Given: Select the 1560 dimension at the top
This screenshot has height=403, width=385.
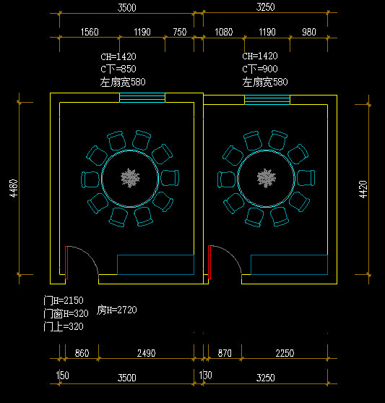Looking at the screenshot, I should click(90, 32).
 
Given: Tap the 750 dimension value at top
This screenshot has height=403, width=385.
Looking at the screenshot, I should click(179, 32).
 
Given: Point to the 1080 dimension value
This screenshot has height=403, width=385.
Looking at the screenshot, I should click(225, 32).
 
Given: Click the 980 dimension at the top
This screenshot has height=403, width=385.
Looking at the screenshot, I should click(308, 32).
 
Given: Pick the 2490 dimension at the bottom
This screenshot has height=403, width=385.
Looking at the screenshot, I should click(146, 353).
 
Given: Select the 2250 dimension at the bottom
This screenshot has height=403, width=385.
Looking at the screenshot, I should click(285, 353).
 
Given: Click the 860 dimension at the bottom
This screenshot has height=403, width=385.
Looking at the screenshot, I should click(82, 353).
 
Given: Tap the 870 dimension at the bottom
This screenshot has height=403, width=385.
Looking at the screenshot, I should click(225, 353).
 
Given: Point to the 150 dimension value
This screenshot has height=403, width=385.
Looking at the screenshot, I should click(63, 377).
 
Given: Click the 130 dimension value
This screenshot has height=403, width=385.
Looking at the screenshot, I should click(206, 377).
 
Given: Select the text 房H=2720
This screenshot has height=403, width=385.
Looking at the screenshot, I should click(117, 310).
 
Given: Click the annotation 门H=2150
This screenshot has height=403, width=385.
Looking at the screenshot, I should click(64, 300).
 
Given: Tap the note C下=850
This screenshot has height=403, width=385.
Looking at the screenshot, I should click(123, 69).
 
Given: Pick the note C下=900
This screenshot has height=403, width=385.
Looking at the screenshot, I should click(265, 69).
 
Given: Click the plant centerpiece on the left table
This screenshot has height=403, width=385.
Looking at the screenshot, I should click(131, 177).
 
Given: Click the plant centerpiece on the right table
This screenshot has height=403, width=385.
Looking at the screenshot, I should click(267, 177).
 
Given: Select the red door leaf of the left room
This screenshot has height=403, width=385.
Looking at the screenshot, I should click(66, 261).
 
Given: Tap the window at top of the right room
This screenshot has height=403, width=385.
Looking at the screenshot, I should click(267, 100).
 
